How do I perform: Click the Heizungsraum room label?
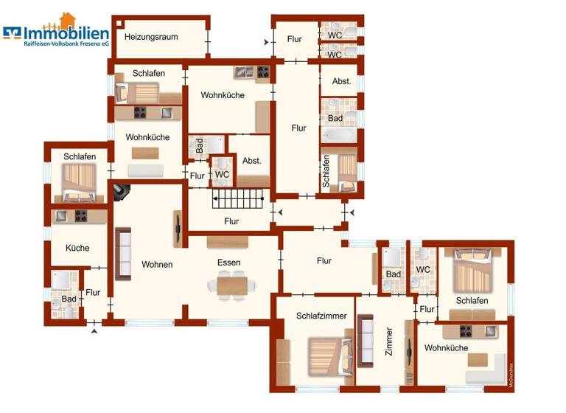click(151, 36)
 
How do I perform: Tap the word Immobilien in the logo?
click(66, 33)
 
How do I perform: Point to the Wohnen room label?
click(157, 264)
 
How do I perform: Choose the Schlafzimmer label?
click(321, 316)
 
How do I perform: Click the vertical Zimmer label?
click(389, 344)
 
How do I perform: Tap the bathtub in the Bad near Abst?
click(338, 136)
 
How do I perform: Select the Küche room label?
click(77, 248)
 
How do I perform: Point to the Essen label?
click(228, 262)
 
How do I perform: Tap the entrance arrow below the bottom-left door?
click(94, 331)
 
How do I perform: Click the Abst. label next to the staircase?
click(252, 161)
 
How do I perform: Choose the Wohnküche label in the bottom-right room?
click(446, 347)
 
